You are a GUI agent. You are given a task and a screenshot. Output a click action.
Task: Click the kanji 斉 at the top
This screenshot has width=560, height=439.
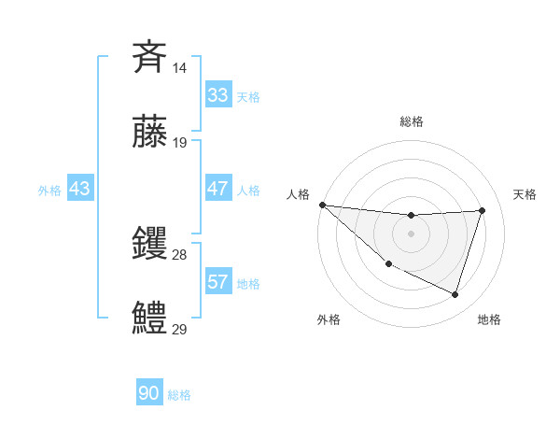(x=150, y=58)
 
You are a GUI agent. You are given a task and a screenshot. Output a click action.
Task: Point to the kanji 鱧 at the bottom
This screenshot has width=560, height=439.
(x=150, y=317)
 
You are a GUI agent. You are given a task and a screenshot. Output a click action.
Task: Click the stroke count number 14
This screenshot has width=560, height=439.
(x=180, y=68)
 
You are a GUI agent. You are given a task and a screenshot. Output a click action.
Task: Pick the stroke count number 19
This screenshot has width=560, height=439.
(x=180, y=142)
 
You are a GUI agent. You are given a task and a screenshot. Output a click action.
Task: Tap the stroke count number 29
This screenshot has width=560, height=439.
(x=180, y=329)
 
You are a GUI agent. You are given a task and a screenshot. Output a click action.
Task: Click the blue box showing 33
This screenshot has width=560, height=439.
(x=217, y=95)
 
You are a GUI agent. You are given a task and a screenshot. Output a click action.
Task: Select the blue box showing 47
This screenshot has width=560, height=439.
(x=217, y=189)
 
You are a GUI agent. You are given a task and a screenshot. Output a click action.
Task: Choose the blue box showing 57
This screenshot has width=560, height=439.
(x=217, y=282)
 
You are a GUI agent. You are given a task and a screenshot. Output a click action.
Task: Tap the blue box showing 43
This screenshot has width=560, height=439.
(x=80, y=189)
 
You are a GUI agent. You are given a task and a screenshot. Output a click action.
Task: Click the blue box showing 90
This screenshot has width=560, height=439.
(x=148, y=394)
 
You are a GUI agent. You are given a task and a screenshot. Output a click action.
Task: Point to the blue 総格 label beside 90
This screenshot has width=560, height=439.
(x=179, y=395)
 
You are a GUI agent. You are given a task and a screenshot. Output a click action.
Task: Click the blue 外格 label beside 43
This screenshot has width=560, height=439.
(x=49, y=190)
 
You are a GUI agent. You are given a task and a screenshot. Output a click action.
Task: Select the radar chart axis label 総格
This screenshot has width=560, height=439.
(x=411, y=121)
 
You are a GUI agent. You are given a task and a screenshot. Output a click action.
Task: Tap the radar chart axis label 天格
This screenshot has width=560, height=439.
(x=525, y=194)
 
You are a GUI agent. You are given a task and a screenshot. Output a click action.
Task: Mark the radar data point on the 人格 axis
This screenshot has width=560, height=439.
(x=322, y=205)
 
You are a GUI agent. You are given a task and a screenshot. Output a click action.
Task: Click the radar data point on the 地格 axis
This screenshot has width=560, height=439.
(x=455, y=295)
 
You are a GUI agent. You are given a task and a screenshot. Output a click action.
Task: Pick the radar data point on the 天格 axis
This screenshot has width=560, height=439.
(x=482, y=210)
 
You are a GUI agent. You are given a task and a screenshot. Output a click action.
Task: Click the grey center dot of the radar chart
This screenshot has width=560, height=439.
(x=411, y=234)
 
